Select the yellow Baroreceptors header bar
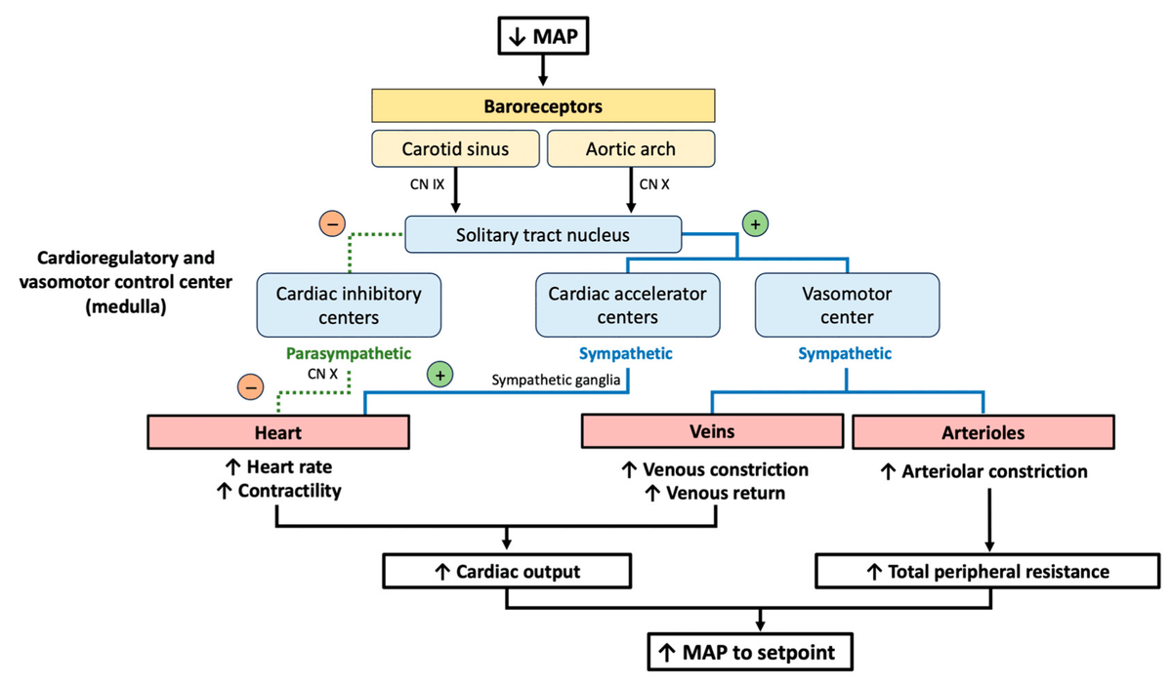544,105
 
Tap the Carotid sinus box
455,149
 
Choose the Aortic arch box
630,149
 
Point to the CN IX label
423,183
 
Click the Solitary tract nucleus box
543,235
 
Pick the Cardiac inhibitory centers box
349,304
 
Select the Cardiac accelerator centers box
627,304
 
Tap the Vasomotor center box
847,304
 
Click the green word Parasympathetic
349,353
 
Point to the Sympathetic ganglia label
556,381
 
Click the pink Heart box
278,431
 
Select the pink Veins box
712,430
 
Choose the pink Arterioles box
983,431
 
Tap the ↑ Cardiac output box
507,571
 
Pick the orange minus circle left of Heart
251,387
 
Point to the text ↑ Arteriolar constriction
984,472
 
